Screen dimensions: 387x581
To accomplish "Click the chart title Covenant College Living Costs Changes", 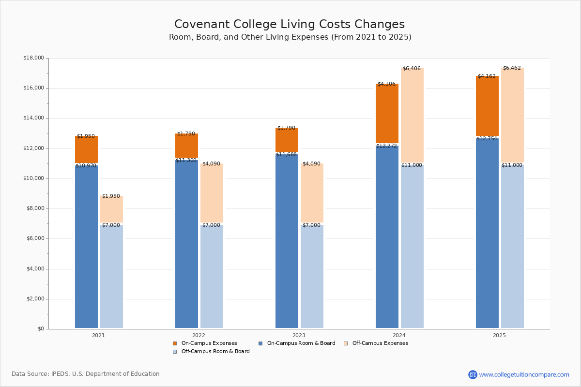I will [x=290, y=25].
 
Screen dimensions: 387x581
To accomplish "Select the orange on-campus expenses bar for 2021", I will [x=86, y=149].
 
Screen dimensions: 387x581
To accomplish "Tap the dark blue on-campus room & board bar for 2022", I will [x=186, y=244].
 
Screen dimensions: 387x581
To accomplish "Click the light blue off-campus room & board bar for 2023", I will [x=312, y=276].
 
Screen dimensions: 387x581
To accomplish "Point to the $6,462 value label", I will [x=512, y=68].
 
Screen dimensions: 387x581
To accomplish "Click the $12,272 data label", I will [x=386, y=146].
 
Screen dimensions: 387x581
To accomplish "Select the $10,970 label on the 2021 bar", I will [x=86, y=166].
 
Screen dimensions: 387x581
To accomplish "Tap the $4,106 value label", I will [x=386, y=84].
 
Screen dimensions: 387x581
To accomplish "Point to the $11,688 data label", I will [x=286, y=155].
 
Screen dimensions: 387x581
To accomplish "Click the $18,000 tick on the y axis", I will [x=33, y=58].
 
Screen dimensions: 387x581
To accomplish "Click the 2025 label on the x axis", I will [x=499, y=335].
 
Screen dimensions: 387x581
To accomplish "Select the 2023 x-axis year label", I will [x=299, y=335].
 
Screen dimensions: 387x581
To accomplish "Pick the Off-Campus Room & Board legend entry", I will [x=215, y=352].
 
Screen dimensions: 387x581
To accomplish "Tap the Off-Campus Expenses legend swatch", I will [x=346, y=343].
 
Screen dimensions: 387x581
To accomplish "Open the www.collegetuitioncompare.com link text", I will [x=524, y=374].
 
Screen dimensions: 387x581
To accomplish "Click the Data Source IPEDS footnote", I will [x=86, y=374].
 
